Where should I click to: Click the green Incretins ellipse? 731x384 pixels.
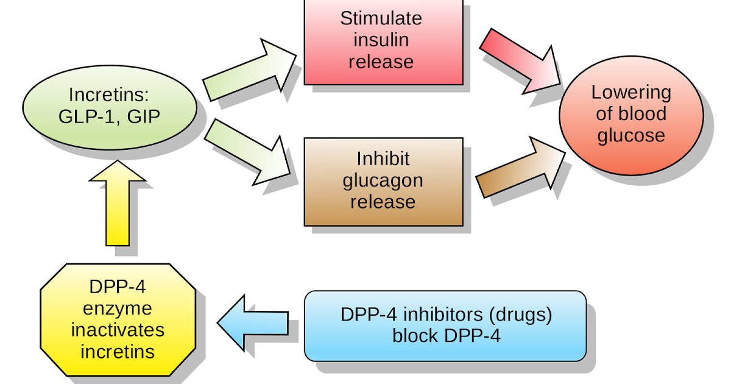(x=110, y=106)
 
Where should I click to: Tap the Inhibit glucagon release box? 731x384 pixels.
(x=383, y=181)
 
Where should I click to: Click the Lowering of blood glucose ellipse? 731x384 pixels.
(x=631, y=114)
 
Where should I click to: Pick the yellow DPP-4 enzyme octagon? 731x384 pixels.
(x=118, y=320)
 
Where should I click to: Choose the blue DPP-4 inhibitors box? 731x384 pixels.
(x=445, y=325)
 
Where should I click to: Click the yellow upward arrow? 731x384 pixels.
(x=118, y=204)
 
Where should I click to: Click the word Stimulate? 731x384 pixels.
(x=381, y=18)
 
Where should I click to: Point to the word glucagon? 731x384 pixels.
(x=383, y=180)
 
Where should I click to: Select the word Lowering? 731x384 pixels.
(x=631, y=93)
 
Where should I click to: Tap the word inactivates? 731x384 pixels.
(x=118, y=330)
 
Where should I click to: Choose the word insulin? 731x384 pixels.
(x=383, y=40)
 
